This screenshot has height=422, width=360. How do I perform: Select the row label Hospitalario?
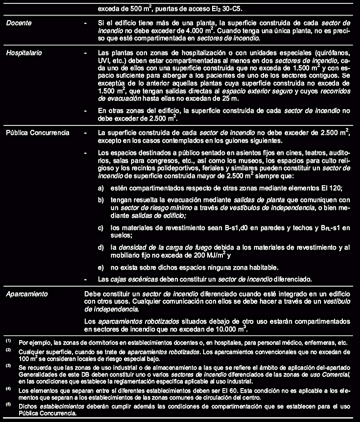point(24,51)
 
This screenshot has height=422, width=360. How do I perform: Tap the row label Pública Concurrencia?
point(37,132)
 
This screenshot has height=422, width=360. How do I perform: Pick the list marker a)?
point(101,188)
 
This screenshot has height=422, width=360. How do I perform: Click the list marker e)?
point(101,267)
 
